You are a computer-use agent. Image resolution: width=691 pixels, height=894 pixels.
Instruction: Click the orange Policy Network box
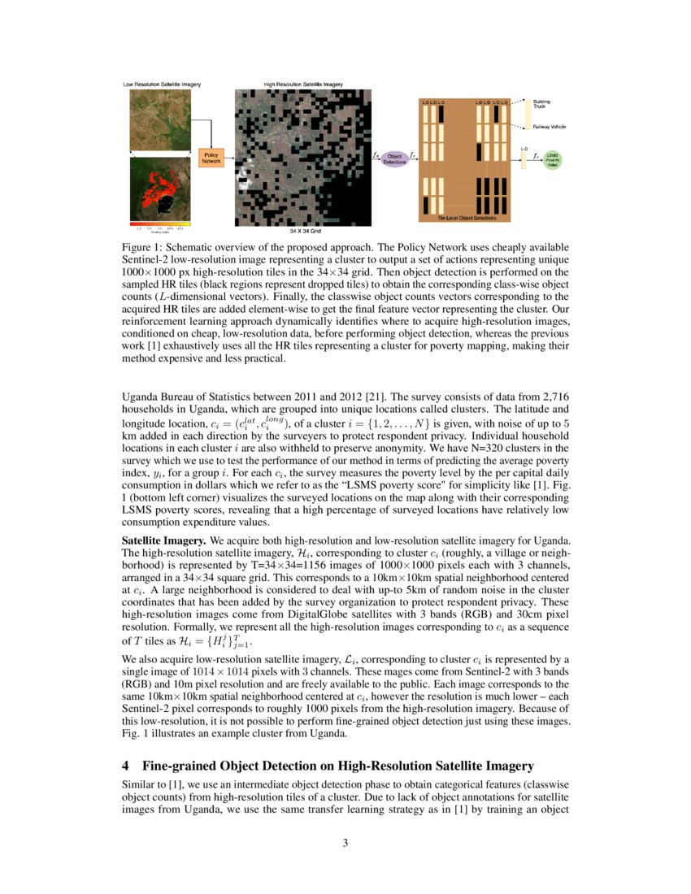(x=211, y=158)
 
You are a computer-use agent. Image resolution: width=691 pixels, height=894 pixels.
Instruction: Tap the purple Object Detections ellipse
(x=395, y=158)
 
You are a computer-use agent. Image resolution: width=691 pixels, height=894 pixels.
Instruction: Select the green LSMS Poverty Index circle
(x=553, y=158)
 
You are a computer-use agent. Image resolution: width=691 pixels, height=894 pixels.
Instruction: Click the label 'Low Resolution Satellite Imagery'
(x=162, y=84)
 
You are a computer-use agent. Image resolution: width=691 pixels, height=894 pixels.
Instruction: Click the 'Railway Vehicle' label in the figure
(x=550, y=127)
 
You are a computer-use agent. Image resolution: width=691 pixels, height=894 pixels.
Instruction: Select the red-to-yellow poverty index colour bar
(x=160, y=223)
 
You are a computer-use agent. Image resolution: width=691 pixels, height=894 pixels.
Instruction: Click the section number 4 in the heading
(x=126, y=766)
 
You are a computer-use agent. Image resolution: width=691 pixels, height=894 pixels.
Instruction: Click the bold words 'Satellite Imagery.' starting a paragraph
(x=164, y=540)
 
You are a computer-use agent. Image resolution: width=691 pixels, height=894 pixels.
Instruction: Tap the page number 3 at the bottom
(x=345, y=843)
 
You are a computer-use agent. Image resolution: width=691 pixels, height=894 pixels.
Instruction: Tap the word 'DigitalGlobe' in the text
(x=336, y=602)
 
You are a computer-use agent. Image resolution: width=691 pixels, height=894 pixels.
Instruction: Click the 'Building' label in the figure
(x=541, y=102)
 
